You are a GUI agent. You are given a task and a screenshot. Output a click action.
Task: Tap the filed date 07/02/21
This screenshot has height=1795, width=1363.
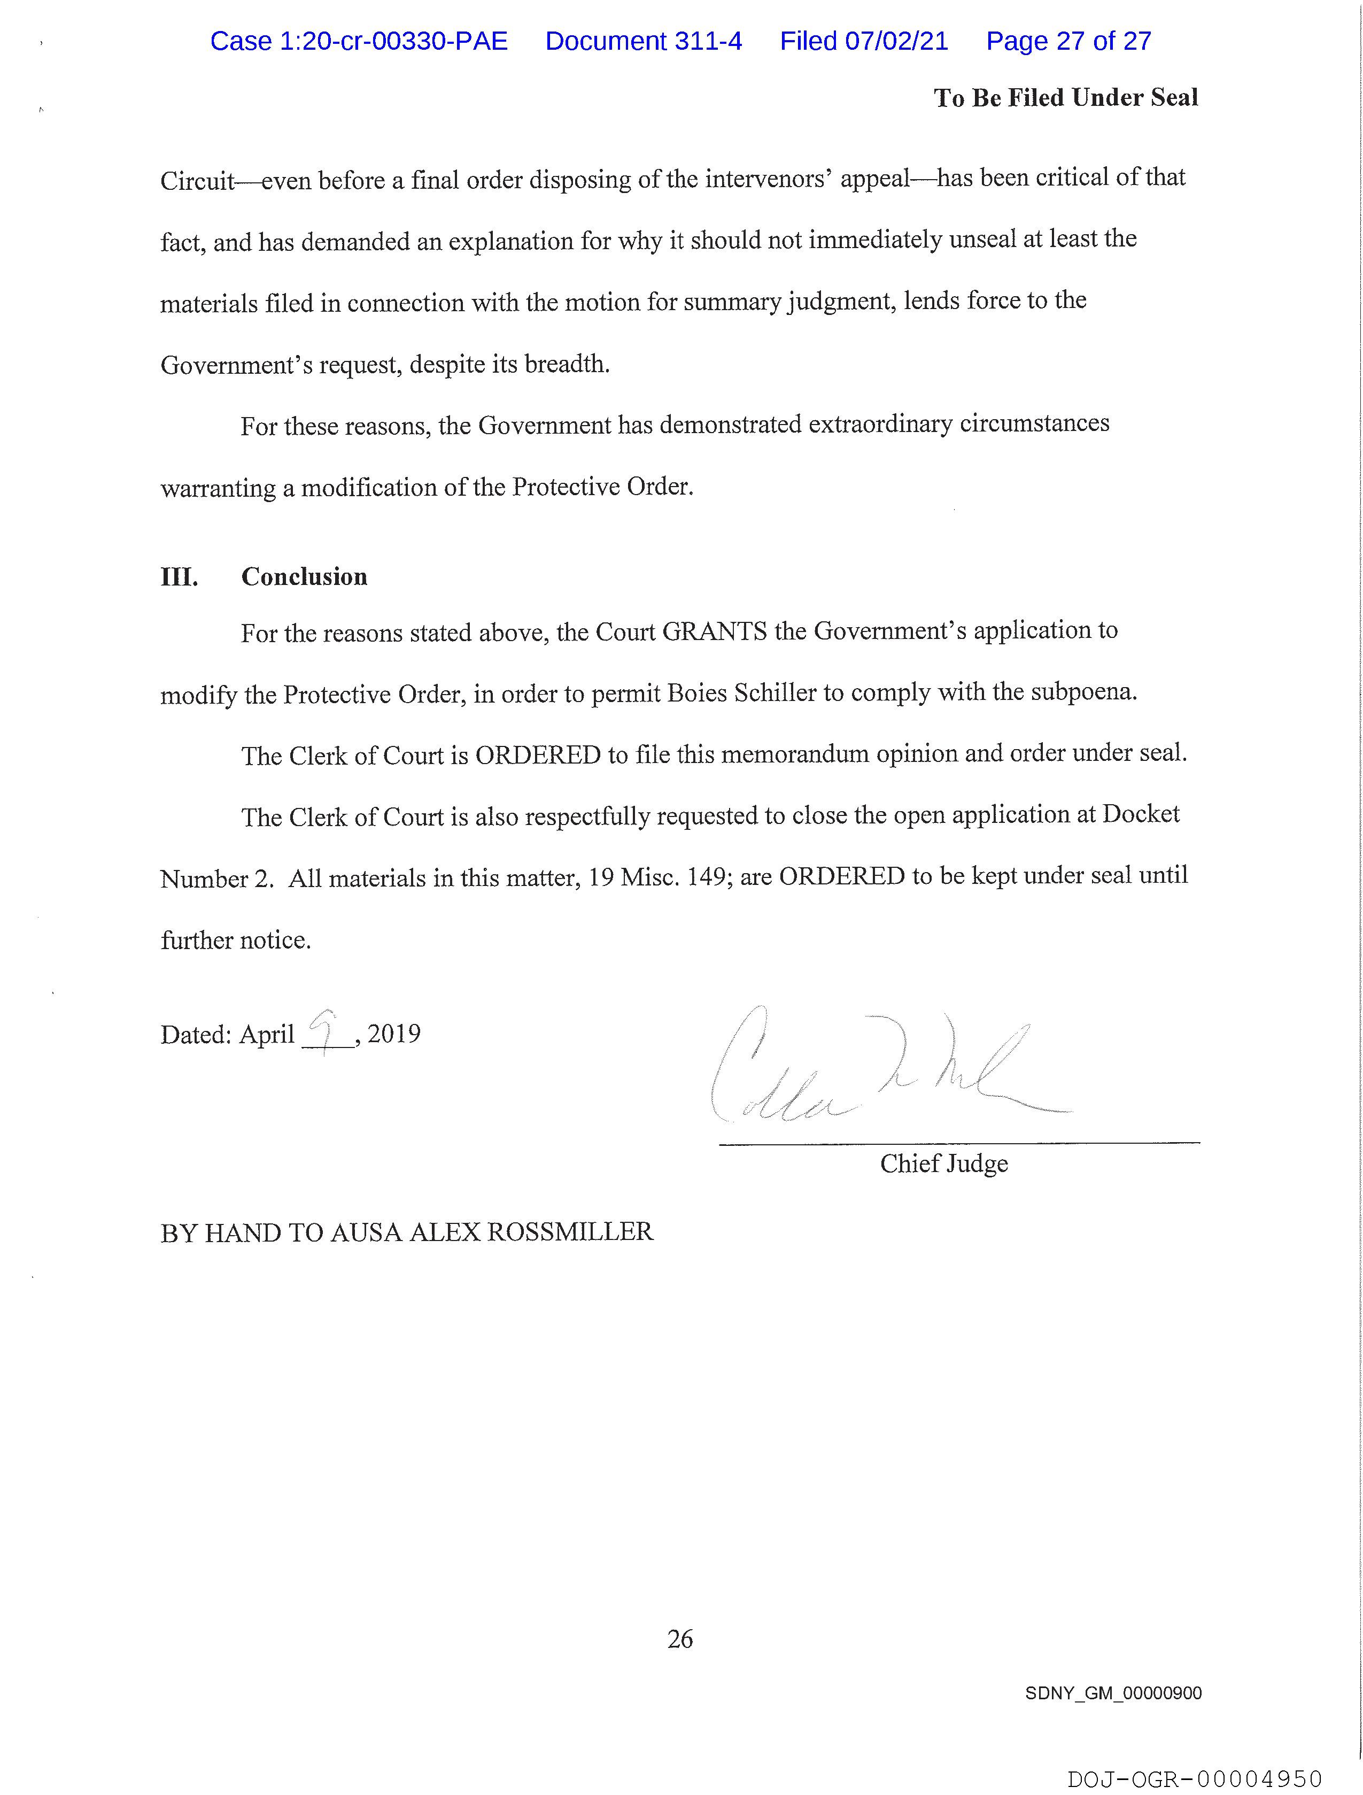click(x=896, y=41)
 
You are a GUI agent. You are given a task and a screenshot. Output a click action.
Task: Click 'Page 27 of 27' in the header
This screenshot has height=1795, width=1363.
click(x=1068, y=41)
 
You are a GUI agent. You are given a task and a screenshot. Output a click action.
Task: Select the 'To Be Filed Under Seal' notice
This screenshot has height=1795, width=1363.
click(x=1065, y=98)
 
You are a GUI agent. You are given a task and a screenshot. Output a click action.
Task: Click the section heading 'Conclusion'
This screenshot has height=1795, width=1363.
click(x=304, y=577)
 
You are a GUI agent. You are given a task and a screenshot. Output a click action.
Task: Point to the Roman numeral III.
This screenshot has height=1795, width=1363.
click(x=179, y=577)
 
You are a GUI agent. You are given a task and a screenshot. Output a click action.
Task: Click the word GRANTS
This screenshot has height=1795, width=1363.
click(x=714, y=631)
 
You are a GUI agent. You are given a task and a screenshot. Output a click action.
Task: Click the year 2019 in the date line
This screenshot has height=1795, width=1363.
click(x=394, y=1034)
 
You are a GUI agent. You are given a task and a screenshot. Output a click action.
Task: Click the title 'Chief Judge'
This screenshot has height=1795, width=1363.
click(x=943, y=1164)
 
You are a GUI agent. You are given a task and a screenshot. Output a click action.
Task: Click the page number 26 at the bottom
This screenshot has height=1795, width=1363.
click(x=680, y=1639)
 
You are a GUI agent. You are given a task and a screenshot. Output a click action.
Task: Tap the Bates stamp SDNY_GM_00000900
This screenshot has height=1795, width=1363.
click(x=1113, y=1693)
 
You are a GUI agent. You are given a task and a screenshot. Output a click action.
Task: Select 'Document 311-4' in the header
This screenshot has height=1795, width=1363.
click(x=644, y=41)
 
